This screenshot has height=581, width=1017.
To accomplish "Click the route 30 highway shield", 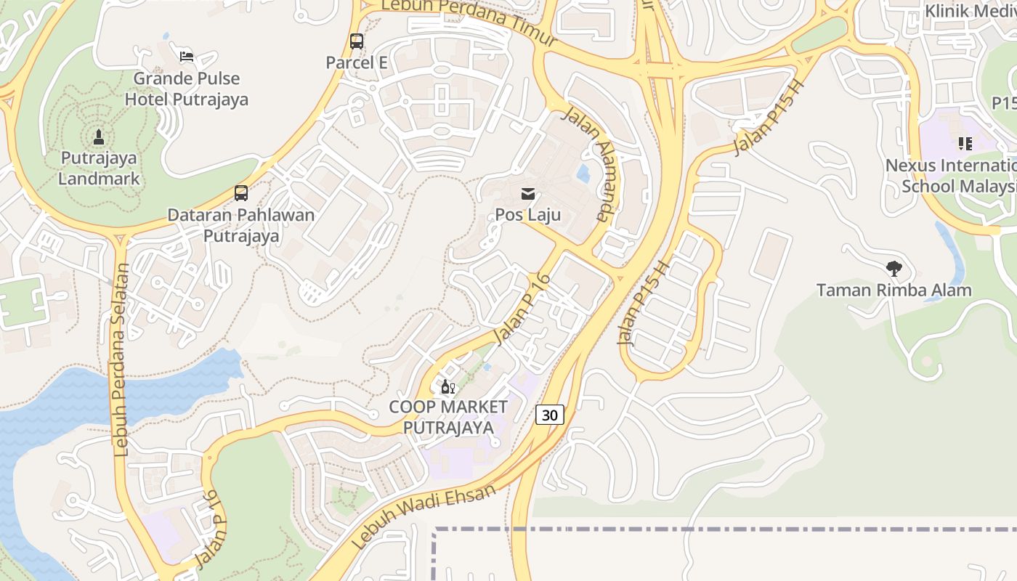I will click(550, 415).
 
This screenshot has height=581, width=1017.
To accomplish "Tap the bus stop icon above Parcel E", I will click(356, 41).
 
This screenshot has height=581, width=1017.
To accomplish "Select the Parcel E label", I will click(356, 62).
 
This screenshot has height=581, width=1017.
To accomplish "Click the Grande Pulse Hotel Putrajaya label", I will click(187, 89).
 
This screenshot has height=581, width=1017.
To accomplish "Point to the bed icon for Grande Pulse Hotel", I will click(187, 56).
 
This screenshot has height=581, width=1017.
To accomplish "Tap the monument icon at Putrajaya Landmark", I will click(99, 137).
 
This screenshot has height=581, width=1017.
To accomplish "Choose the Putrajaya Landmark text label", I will click(99, 168).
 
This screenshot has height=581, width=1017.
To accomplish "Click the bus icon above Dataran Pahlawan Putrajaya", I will click(241, 193).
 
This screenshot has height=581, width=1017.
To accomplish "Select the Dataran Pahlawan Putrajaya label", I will click(241, 225).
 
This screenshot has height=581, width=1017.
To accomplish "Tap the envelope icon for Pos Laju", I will click(528, 194).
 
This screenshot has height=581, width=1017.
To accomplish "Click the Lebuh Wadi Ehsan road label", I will click(424, 516).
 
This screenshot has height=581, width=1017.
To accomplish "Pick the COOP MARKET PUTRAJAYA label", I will click(448, 417).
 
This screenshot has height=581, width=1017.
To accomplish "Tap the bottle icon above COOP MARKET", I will click(447, 386).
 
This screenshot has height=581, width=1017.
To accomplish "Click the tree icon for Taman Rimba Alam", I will click(894, 269).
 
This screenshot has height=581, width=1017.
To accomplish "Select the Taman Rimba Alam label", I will click(894, 290).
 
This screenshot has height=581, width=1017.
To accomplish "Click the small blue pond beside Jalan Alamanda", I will click(583, 174).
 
